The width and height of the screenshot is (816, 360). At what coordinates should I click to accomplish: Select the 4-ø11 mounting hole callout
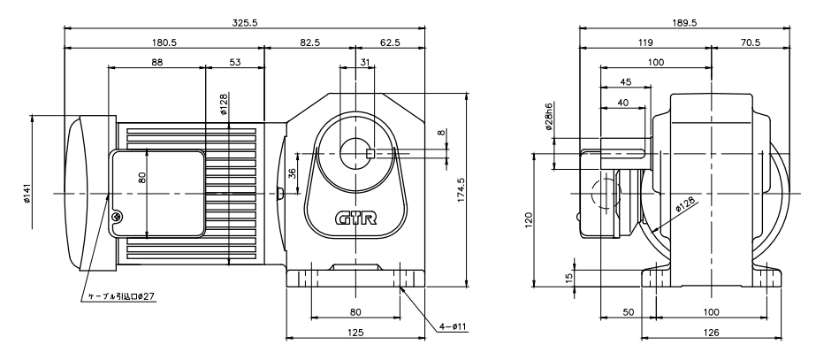tap(453, 326)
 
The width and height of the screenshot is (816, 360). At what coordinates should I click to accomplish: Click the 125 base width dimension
tap(355, 333)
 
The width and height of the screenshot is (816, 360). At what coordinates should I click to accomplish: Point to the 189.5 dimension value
tap(683, 21)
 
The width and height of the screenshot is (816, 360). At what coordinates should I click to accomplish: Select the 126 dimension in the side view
tap(712, 333)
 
